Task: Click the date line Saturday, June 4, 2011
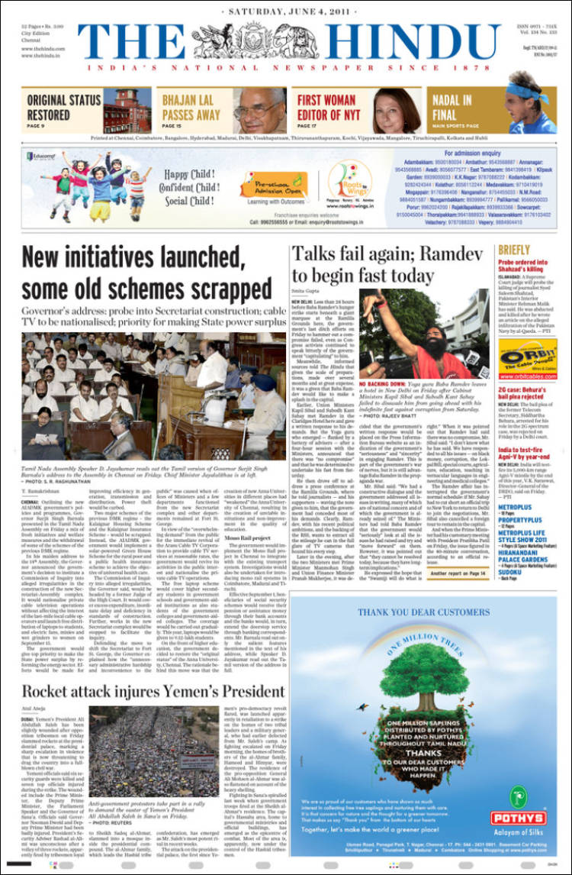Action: coord(286,11)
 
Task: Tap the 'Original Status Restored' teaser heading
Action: coord(64,106)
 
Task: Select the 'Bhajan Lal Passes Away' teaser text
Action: coord(191,106)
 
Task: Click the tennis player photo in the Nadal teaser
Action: coord(526,111)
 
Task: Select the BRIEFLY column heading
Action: coord(514,250)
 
